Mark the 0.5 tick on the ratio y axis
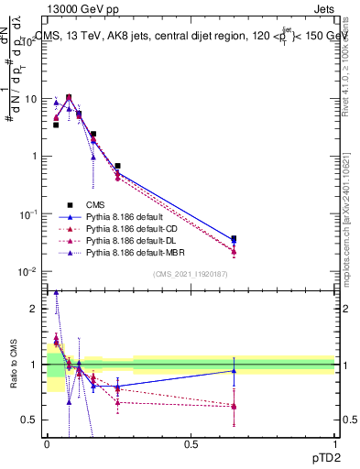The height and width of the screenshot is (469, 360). tap(32, 420)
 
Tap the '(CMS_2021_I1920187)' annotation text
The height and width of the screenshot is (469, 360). tap(191, 274)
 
